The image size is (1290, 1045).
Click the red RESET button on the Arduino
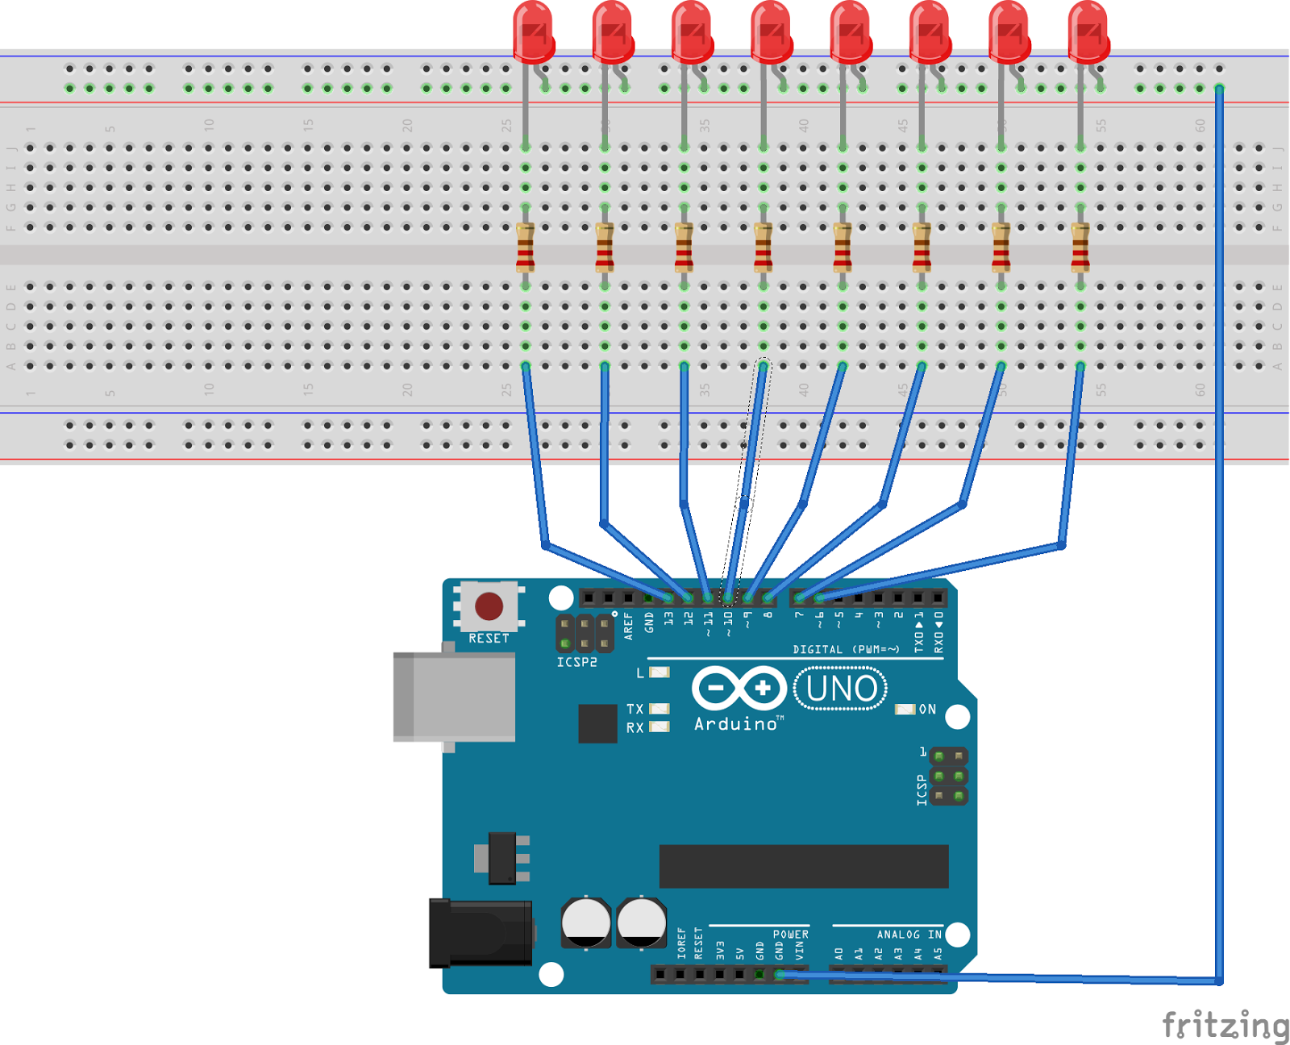click(489, 606)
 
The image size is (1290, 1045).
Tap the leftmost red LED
click(533, 32)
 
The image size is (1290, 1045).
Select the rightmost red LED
click(1088, 32)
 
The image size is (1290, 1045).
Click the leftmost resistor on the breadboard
click(525, 247)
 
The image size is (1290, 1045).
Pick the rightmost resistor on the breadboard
click(1080, 247)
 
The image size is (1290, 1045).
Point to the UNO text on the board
click(841, 689)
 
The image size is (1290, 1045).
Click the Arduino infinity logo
click(739, 689)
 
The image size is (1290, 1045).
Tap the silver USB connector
click(455, 697)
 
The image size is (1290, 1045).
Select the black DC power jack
click(480, 933)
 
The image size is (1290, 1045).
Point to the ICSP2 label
click(576, 662)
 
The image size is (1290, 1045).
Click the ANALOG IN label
click(909, 935)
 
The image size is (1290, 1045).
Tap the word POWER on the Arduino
click(790, 935)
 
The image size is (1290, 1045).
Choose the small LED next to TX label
click(660, 709)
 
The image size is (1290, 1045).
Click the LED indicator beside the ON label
click(905, 710)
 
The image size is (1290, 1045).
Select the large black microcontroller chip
click(803, 866)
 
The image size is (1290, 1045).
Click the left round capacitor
click(586, 922)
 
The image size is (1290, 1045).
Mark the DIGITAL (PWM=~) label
click(846, 649)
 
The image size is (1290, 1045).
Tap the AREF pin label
click(629, 626)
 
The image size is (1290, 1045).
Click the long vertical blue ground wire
click(1219, 564)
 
